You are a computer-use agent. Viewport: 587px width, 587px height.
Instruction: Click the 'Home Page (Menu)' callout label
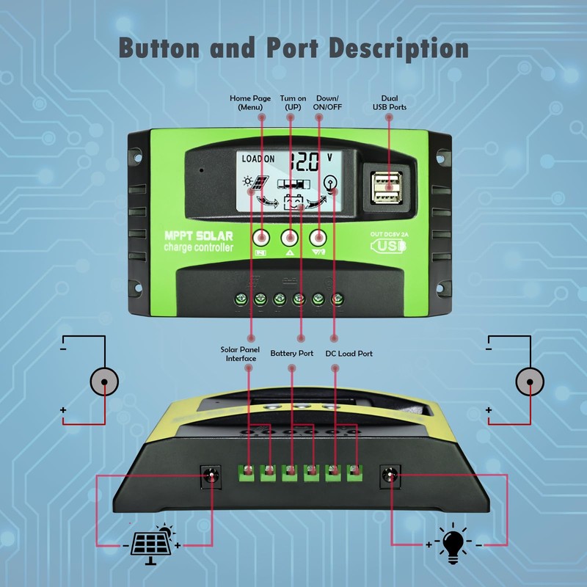click(x=250, y=102)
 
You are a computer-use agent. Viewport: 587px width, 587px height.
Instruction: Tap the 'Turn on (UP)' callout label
click(x=293, y=102)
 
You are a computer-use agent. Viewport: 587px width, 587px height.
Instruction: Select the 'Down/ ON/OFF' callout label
click(x=329, y=102)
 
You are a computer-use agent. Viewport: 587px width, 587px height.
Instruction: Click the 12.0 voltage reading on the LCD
click(x=304, y=161)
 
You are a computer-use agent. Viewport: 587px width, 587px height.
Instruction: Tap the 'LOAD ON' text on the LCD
click(x=258, y=159)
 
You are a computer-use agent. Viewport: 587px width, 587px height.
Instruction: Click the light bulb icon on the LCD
click(x=332, y=184)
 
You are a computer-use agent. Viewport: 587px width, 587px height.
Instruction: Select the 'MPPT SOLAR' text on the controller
click(x=198, y=236)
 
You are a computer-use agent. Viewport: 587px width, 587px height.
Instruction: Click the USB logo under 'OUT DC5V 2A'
click(x=389, y=245)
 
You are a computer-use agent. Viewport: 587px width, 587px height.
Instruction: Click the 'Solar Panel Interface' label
click(x=239, y=354)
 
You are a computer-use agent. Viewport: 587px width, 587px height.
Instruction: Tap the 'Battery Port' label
click(x=291, y=354)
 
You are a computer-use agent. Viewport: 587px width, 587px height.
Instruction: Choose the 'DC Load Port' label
click(x=349, y=354)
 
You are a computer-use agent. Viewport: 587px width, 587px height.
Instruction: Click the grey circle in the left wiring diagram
click(x=104, y=382)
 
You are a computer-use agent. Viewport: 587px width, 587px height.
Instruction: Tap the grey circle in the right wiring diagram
click(x=530, y=382)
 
